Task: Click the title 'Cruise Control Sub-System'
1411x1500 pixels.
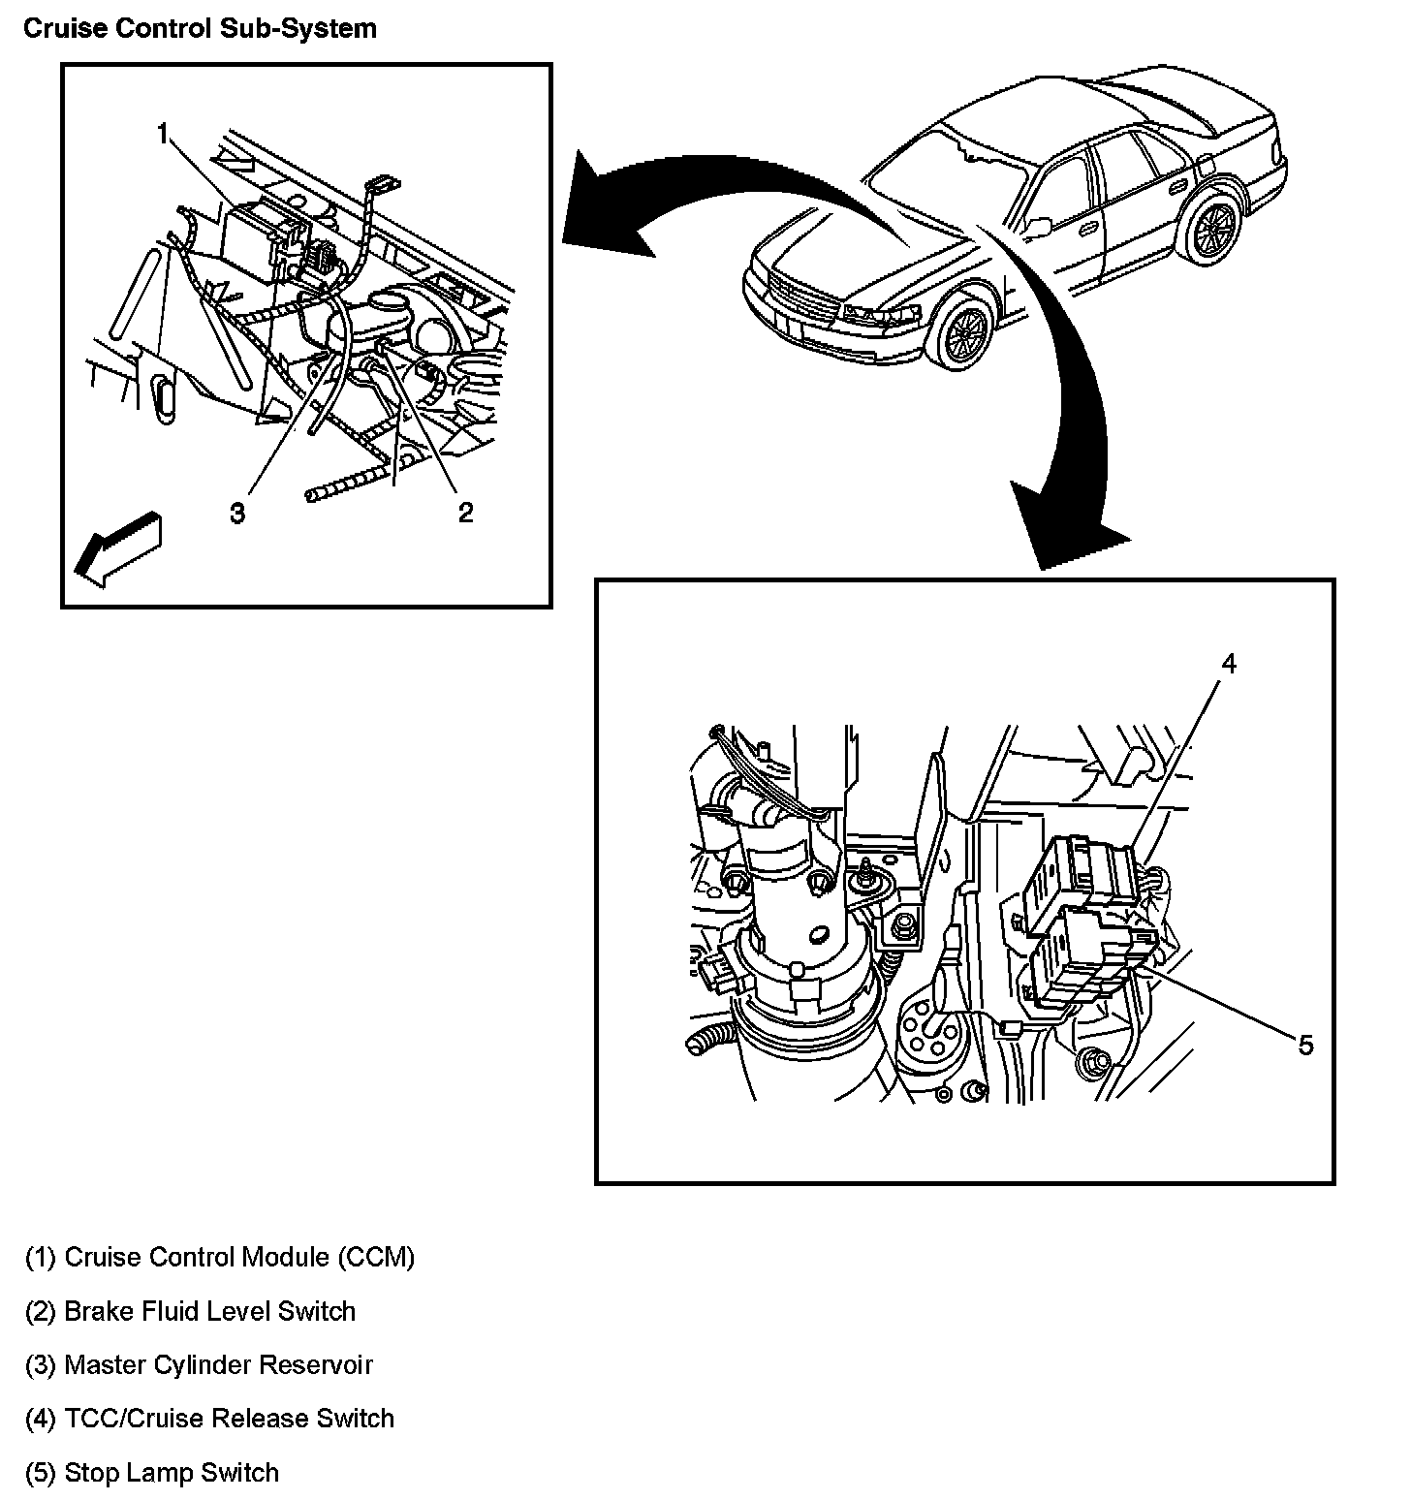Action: click(200, 28)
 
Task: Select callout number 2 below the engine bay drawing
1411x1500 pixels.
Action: click(465, 513)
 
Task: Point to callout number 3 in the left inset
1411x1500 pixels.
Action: click(237, 513)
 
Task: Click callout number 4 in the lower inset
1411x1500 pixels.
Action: click(1228, 664)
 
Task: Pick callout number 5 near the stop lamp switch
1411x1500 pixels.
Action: click(1305, 1045)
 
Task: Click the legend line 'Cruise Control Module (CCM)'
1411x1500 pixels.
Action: click(220, 1258)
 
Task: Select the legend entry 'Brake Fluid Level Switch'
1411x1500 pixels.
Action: click(191, 1312)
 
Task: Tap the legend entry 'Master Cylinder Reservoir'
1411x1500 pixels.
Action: click(199, 1365)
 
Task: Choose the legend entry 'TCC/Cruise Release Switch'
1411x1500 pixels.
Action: click(209, 1419)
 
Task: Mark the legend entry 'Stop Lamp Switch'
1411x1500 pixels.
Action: click(152, 1473)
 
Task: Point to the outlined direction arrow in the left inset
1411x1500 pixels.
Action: click(118, 548)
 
